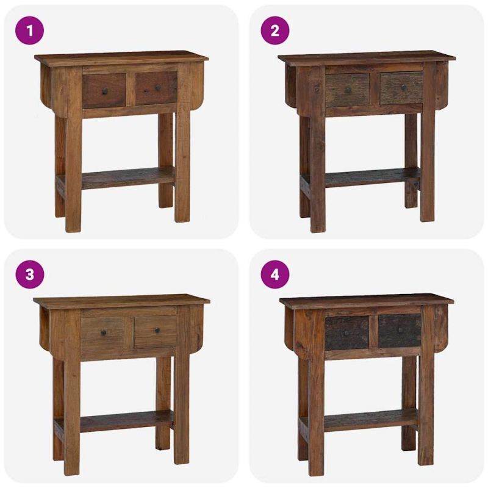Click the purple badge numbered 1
point(29,31)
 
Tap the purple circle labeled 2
point(275,31)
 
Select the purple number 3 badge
point(29,274)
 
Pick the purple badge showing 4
point(275,274)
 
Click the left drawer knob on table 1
point(105,91)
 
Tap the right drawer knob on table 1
point(158,87)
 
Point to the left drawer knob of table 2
point(348,90)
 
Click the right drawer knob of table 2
point(404,87)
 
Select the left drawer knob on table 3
point(104,333)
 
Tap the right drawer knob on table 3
point(157,330)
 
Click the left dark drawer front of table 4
point(346,333)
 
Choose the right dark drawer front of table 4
point(400,331)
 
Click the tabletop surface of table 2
point(367,58)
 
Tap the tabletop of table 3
point(121,301)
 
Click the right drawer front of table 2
point(401,88)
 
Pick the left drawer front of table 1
point(104,91)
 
